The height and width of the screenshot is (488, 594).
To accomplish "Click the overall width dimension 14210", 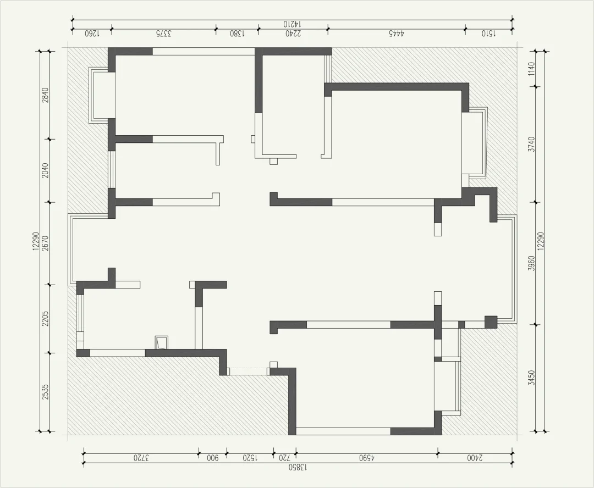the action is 292,24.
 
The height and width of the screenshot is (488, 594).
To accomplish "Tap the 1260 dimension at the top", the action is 92,34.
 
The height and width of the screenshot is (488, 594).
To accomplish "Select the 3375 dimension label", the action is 163,34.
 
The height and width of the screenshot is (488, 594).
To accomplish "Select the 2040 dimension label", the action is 45,170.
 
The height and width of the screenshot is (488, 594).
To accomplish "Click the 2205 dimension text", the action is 45,319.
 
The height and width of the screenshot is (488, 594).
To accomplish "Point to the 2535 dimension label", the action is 45,392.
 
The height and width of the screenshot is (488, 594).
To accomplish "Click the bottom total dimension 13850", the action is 298,467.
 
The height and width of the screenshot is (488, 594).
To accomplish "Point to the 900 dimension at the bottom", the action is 212,458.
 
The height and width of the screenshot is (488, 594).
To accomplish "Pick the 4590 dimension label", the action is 366,458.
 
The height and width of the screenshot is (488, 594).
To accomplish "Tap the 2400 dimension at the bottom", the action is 475,458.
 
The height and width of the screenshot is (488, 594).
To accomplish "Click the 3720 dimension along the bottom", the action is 141,458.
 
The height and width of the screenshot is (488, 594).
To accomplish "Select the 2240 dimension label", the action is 293,34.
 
